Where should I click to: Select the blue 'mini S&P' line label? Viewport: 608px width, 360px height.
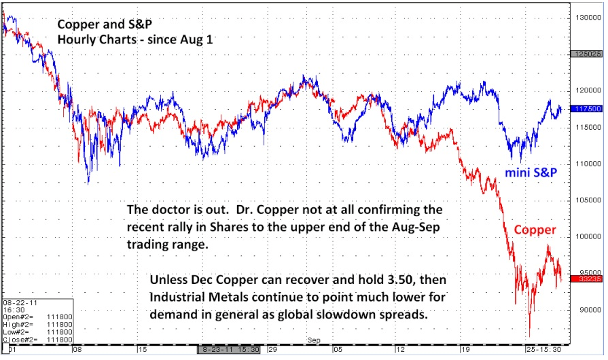[531, 173]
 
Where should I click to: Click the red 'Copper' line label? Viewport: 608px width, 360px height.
[534, 230]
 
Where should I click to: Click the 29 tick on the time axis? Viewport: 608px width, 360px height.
[271, 349]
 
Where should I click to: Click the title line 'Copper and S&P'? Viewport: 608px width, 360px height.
[105, 24]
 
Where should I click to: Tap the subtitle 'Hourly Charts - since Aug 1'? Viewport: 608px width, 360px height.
[135, 39]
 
